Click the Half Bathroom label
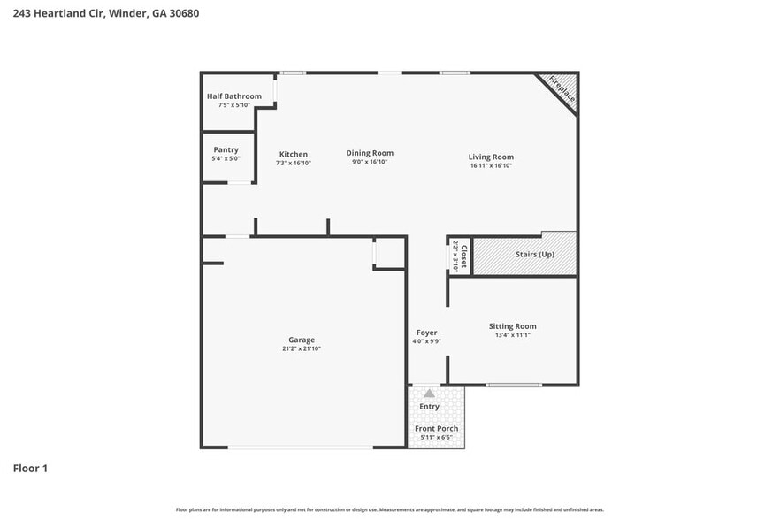[x=234, y=96]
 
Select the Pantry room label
[x=226, y=150]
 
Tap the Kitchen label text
[x=294, y=154]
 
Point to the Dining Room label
[x=370, y=153]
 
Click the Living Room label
[x=491, y=157]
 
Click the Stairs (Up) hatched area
[x=534, y=255]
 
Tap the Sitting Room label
[x=512, y=326]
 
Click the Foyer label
[x=426, y=333]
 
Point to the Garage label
[x=302, y=340]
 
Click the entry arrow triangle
[x=429, y=394]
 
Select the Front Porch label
[x=437, y=429]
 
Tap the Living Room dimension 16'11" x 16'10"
[x=491, y=165]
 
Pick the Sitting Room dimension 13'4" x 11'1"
[x=512, y=335]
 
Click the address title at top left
[x=99, y=14]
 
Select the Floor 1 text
[x=30, y=468]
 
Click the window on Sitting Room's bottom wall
[x=514, y=385]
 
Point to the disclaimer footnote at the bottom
[x=390, y=509]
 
